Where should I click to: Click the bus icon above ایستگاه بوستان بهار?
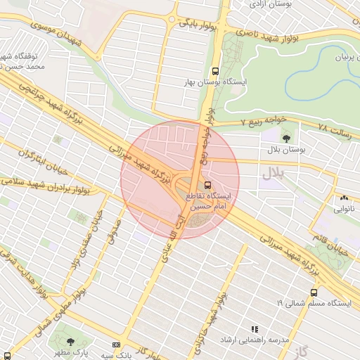click(x=215, y=71)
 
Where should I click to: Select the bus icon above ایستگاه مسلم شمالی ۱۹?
click(x=314, y=292)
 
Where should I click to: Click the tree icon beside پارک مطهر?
click(x=72, y=342)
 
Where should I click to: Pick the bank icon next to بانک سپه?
click(x=116, y=345)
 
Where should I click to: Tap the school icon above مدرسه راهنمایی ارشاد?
click(x=255, y=328)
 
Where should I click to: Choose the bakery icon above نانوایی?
click(x=344, y=198)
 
